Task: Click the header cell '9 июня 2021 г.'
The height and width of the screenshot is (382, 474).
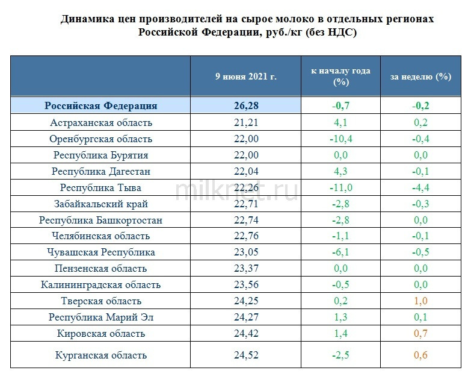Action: [x=245, y=77]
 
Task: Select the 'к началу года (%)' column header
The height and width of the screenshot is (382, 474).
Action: [x=340, y=77]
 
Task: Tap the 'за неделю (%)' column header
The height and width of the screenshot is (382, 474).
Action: [x=420, y=77]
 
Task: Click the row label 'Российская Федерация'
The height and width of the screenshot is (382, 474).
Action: [x=100, y=105]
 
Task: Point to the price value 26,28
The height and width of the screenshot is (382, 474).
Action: [x=245, y=105]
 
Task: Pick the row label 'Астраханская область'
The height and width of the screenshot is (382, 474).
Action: [x=100, y=122]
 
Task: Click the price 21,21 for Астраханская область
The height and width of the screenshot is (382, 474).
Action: [x=245, y=122]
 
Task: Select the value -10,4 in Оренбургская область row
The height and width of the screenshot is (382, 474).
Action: [x=340, y=139]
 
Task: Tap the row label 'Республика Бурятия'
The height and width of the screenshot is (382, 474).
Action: [x=100, y=155]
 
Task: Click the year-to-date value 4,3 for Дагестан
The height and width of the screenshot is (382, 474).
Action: [x=340, y=171]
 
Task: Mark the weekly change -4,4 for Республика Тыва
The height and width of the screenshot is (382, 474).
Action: [x=420, y=187]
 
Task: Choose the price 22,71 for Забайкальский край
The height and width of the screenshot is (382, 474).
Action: [x=245, y=204]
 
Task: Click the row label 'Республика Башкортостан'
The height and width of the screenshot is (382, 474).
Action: [x=100, y=220]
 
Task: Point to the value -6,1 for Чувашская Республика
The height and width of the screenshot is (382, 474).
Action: [x=340, y=252]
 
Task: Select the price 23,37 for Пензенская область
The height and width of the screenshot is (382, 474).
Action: [x=245, y=269]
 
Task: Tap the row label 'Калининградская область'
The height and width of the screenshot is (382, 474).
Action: [x=100, y=285]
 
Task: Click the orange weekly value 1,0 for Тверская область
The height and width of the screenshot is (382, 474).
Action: [x=420, y=301]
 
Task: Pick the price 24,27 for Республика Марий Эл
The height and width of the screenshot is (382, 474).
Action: [x=245, y=318]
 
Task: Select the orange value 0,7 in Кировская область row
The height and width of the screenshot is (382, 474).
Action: [x=420, y=334]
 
